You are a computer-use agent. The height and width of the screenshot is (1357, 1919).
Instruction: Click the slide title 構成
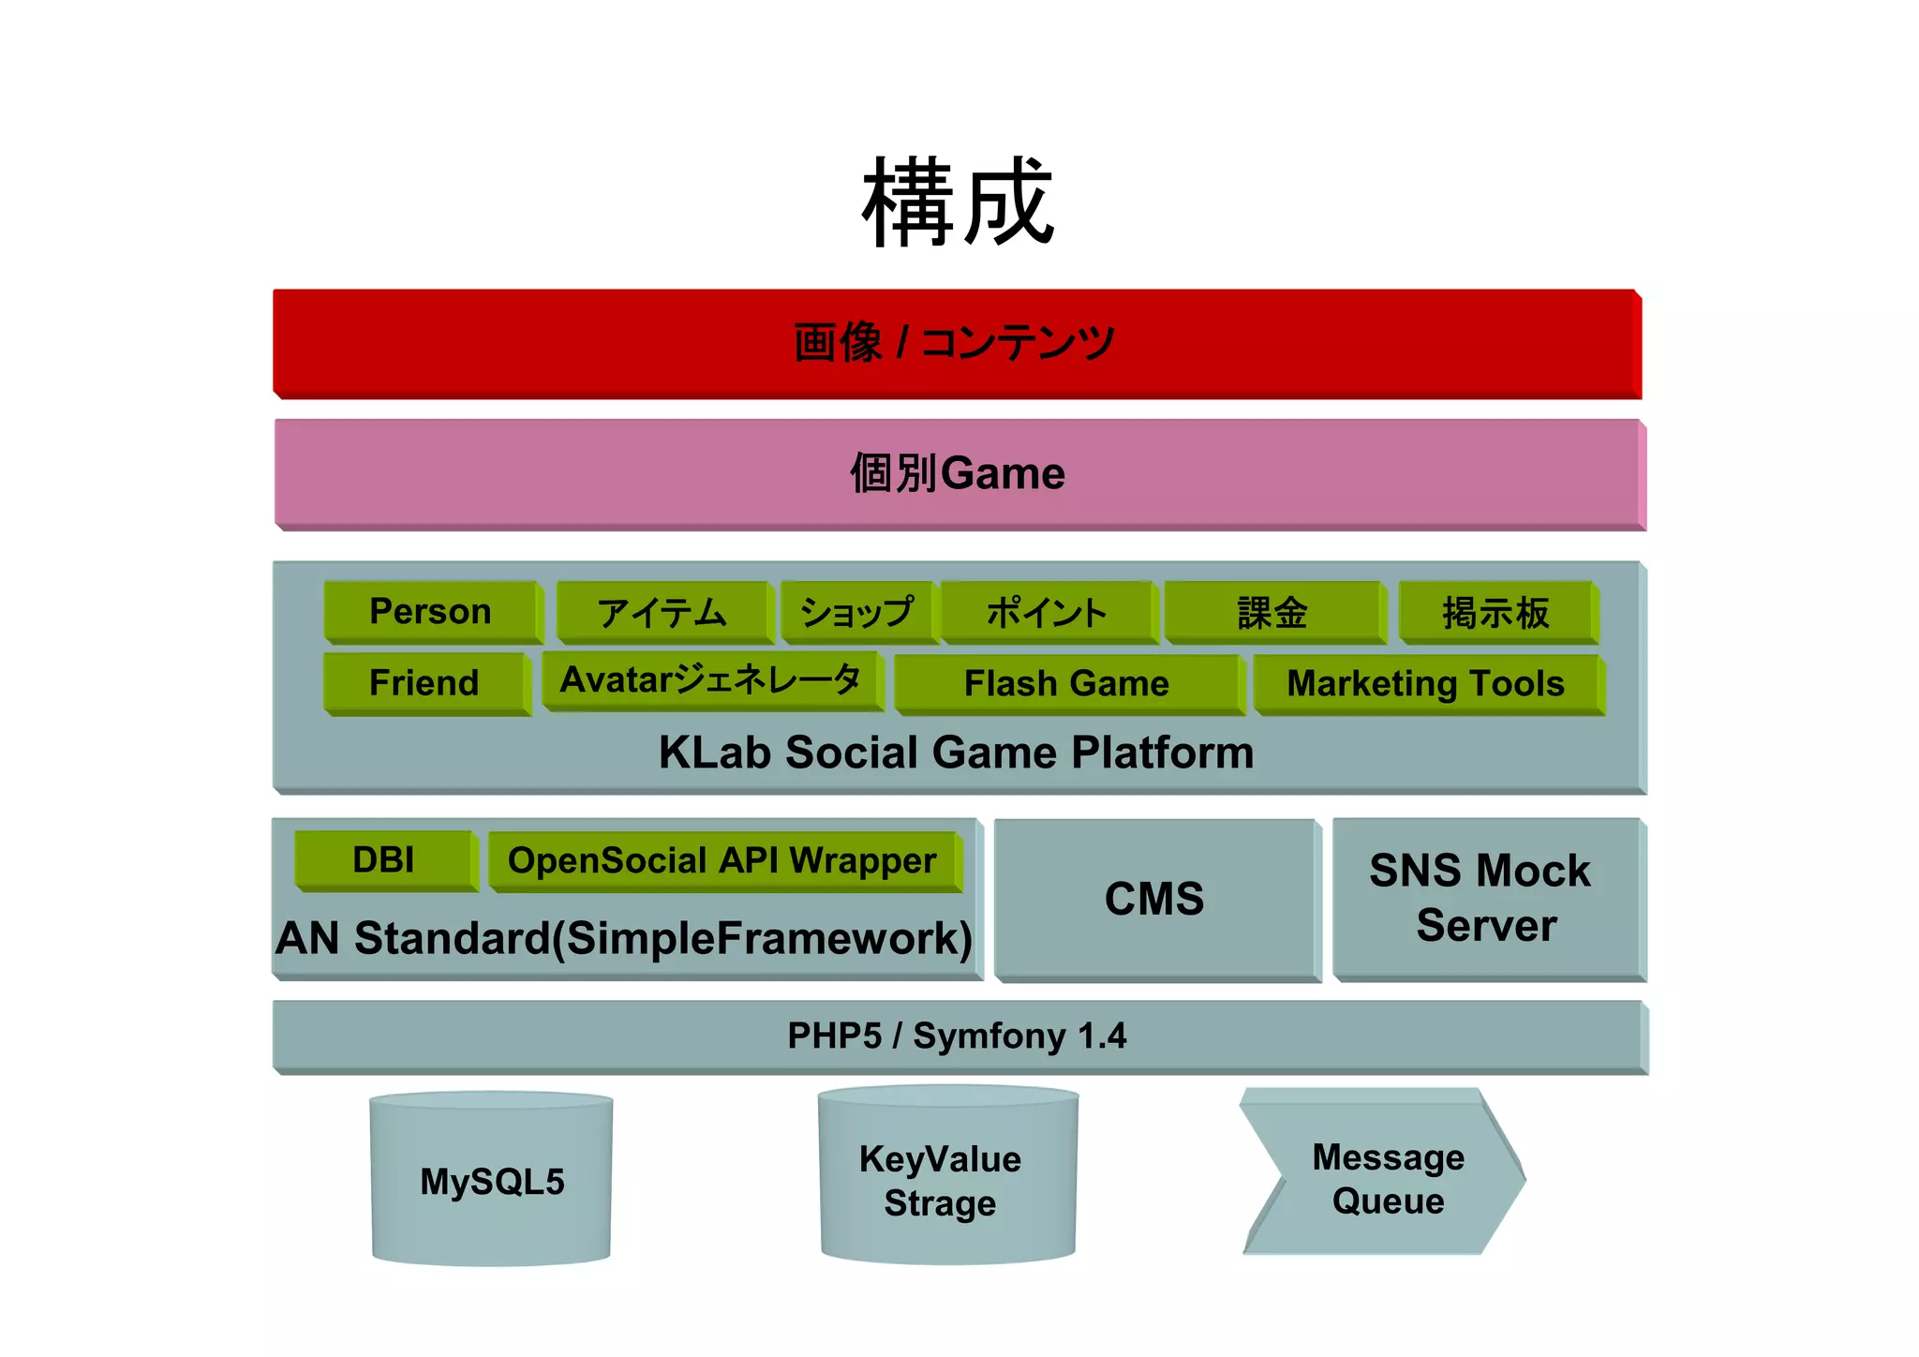(x=958, y=202)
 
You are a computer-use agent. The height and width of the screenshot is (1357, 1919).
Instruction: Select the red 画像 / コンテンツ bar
(x=956, y=343)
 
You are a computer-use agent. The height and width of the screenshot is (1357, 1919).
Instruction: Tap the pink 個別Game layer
(x=958, y=473)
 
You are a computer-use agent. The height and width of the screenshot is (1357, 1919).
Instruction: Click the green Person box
(x=431, y=612)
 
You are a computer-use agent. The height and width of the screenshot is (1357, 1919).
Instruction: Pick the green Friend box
(x=424, y=683)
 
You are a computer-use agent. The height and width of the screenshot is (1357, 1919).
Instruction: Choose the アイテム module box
(x=662, y=613)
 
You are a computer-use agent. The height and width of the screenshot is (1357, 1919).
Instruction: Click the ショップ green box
(x=857, y=613)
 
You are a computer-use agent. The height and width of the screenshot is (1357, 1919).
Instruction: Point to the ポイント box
(x=1048, y=613)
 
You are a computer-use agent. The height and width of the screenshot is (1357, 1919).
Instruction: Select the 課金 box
(x=1272, y=613)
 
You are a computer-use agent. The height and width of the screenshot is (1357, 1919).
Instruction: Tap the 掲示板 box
(x=1496, y=613)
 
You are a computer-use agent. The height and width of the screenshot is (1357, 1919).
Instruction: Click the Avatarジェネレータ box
(x=710, y=680)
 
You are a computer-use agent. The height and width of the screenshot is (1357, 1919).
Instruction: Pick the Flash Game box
(x=1066, y=684)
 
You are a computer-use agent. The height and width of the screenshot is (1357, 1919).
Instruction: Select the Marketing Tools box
(x=1425, y=684)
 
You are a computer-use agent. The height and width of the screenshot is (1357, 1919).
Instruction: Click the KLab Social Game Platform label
(x=956, y=753)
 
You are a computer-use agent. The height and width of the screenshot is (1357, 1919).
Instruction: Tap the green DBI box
(x=384, y=860)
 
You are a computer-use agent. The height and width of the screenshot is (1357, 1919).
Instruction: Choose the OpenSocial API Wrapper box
(x=722, y=861)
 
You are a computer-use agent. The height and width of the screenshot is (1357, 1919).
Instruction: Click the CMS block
(x=1154, y=900)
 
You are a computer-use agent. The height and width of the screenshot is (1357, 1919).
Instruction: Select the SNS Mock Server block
(x=1484, y=898)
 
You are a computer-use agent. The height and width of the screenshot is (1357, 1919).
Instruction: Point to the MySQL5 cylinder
(x=492, y=1182)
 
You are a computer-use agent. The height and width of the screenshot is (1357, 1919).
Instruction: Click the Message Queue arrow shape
(x=1387, y=1179)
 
